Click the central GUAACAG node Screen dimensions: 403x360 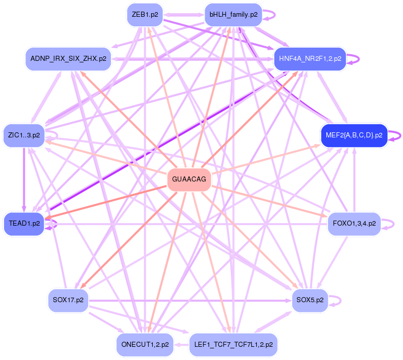pyautogui.click(x=189, y=179)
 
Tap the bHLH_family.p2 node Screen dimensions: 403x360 pyautogui.click(x=233, y=15)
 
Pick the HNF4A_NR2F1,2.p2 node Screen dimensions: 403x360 pyautogui.click(x=310, y=59)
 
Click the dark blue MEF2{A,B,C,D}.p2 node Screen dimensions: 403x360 pyautogui.click(x=354, y=135)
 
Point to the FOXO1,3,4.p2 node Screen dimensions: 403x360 pyautogui.click(x=354, y=223)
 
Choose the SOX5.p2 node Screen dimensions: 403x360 pyautogui.click(x=310, y=300)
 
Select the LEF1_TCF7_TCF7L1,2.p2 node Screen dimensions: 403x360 pyautogui.click(x=233, y=345)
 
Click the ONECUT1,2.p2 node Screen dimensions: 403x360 pyautogui.click(x=145, y=345)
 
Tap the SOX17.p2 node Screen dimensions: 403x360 pyautogui.click(x=68, y=300)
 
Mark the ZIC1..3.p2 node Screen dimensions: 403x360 pyautogui.click(x=24, y=135)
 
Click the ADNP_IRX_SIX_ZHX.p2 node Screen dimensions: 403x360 pyautogui.click(x=68, y=59)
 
